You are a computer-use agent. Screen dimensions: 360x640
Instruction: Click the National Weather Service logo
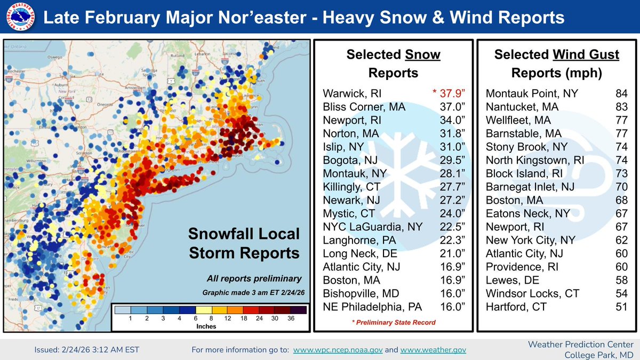[x=18, y=18]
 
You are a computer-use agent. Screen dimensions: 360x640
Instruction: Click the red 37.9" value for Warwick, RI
[x=448, y=94]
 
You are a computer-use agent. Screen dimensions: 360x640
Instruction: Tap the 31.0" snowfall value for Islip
[x=452, y=147]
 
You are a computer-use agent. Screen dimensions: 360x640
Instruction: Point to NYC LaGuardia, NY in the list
[x=373, y=227]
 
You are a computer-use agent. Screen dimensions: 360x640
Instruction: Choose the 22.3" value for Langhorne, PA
[x=452, y=241]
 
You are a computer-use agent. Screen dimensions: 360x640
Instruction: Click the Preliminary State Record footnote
[x=393, y=322]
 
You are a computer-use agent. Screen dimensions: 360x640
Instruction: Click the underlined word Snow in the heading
[x=422, y=54]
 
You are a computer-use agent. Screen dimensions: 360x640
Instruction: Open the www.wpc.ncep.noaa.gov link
[x=337, y=350]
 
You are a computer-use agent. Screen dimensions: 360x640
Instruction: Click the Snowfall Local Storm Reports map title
[x=244, y=244]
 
